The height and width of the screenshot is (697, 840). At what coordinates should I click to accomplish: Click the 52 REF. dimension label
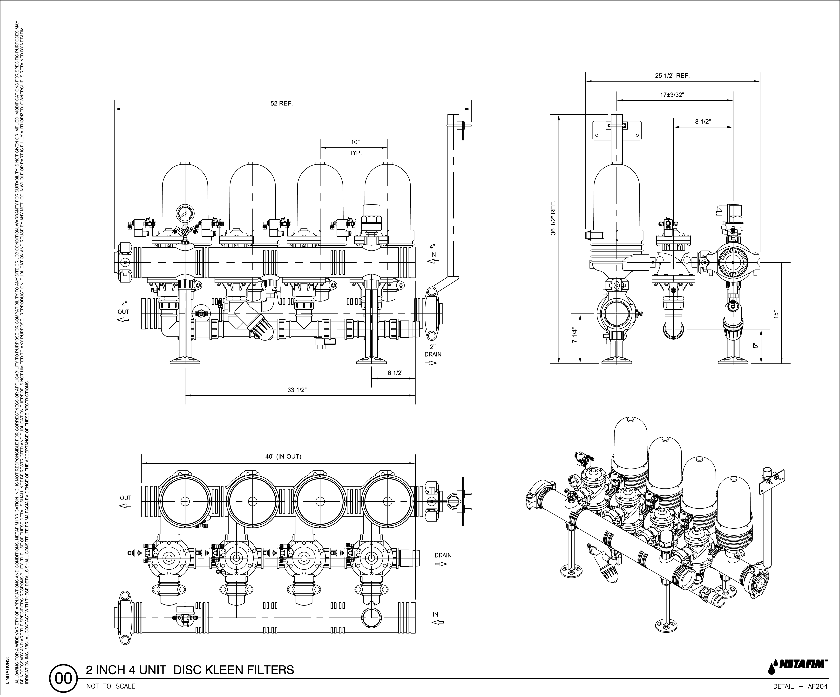[x=282, y=104]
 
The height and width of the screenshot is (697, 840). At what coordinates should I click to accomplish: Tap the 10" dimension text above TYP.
[x=355, y=142]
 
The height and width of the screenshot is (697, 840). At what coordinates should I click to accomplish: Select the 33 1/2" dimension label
[x=297, y=390]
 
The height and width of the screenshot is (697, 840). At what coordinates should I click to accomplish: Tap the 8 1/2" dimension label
[x=703, y=121]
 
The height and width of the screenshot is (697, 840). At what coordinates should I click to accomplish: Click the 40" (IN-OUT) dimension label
[x=283, y=456]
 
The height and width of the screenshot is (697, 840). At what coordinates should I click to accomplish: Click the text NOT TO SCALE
[x=111, y=686]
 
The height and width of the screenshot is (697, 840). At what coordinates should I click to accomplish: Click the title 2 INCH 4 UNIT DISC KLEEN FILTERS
[x=190, y=670]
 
